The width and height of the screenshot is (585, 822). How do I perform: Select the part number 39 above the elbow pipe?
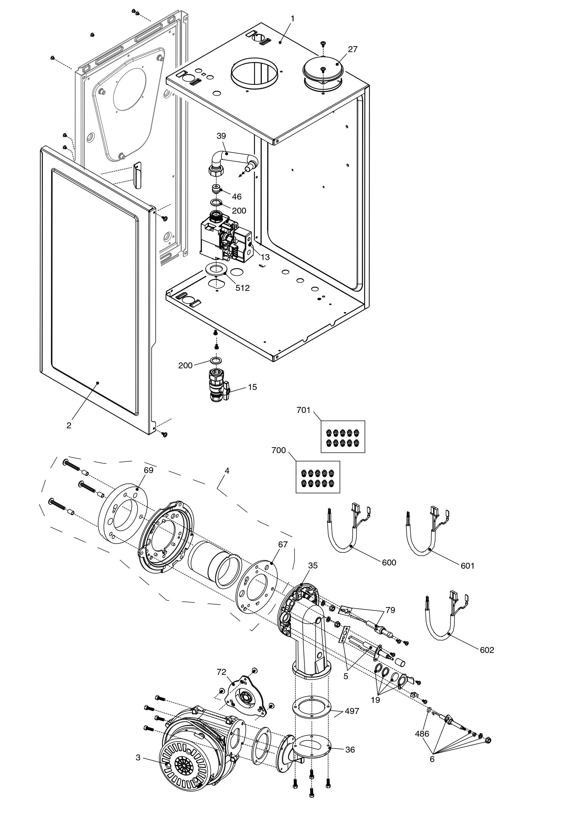[x=221, y=136]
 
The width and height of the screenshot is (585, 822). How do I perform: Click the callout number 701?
[x=303, y=410]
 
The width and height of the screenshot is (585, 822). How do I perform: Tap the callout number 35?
[x=313, y=565]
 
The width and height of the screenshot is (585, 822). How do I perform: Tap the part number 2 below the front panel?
[x=69, y=425]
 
